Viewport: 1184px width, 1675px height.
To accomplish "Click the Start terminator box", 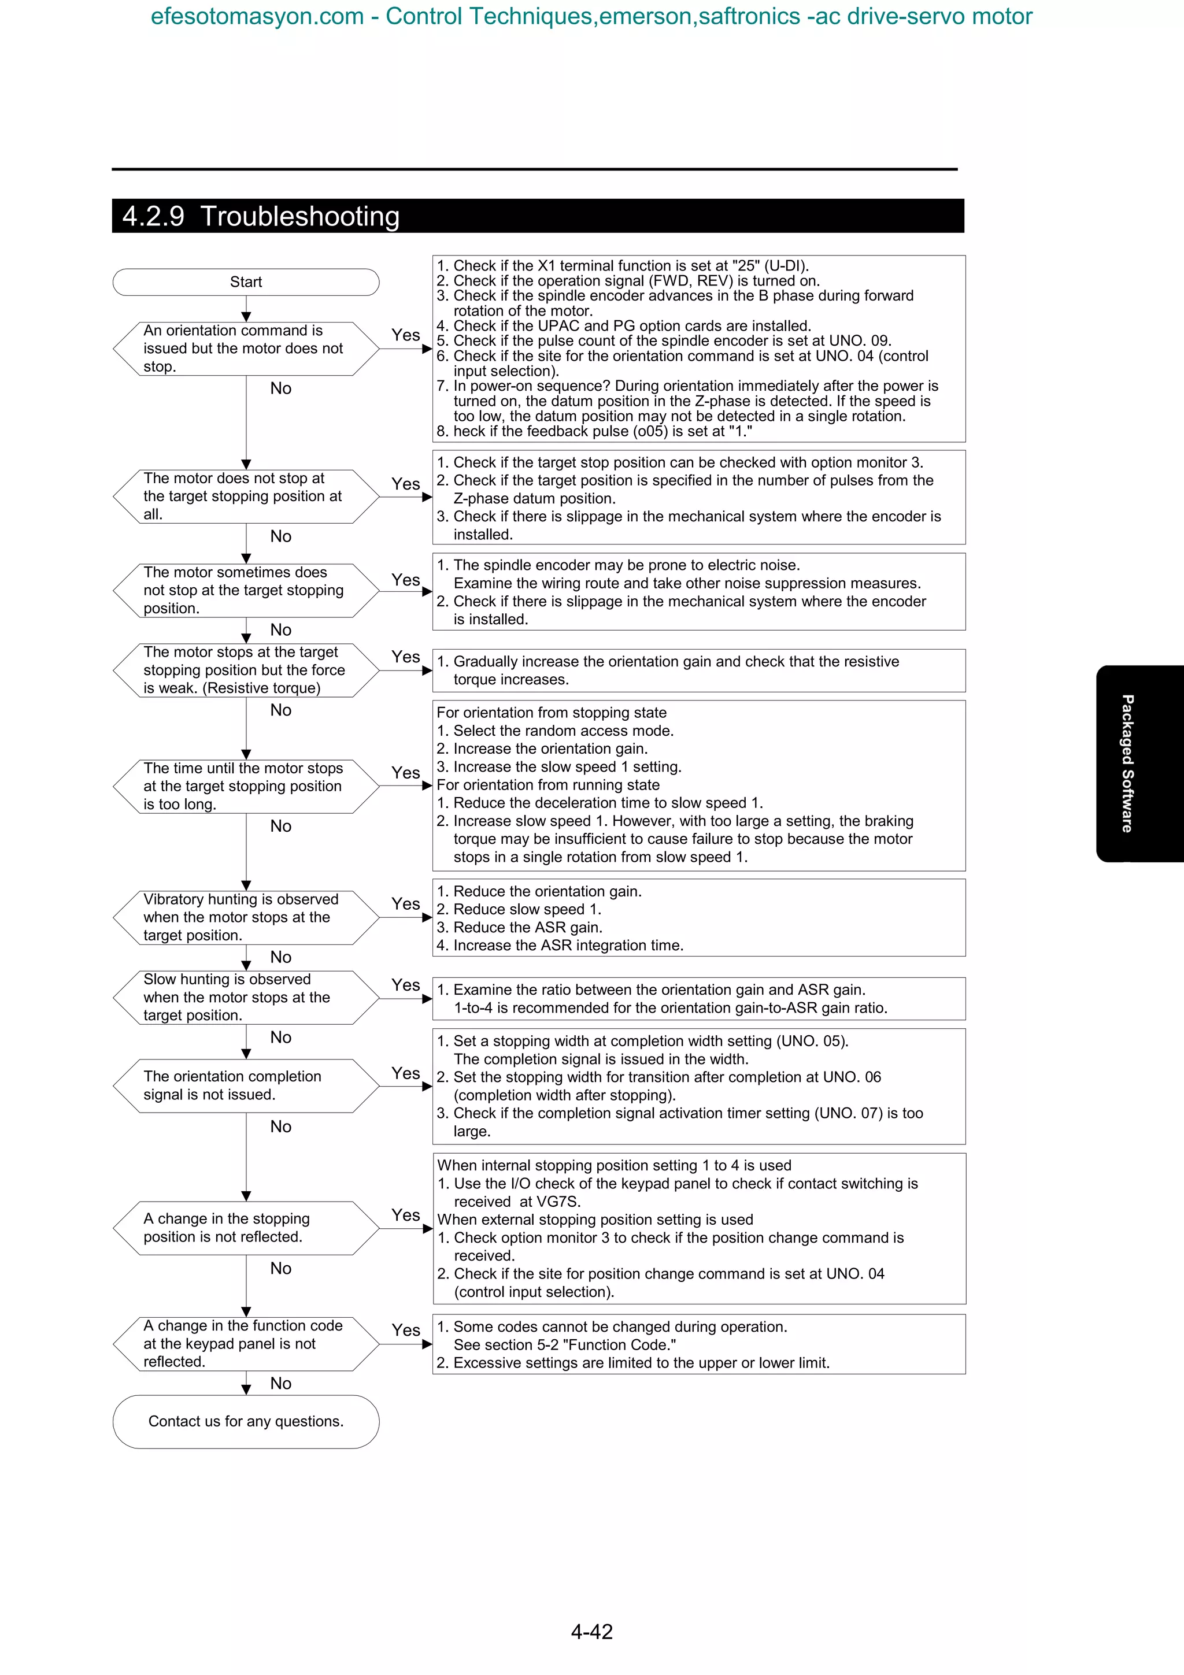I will (246, 282).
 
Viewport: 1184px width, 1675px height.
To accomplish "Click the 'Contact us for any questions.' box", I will (246, 1421).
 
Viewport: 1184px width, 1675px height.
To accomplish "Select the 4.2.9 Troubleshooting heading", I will (261, 217).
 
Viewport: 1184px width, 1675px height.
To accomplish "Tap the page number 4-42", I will (591, 1630).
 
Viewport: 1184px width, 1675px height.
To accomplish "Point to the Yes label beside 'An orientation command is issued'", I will (406, 335).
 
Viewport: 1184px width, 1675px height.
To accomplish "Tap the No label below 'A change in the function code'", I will (280, 1383).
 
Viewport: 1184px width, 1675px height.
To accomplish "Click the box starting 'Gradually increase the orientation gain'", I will (698, 670).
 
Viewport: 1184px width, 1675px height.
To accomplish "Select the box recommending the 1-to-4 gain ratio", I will (698, 999).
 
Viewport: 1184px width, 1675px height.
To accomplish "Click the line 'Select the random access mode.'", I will (563, 730).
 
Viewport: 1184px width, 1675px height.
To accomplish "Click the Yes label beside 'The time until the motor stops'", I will (406, 773).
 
